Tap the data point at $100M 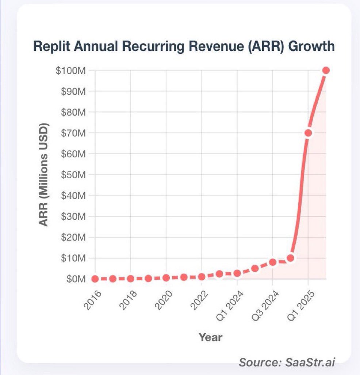click(x=326, y=70)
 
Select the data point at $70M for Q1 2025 click(x=308, y=133)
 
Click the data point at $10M click(x=291, y=258)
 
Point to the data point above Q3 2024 click(x=273, y=262)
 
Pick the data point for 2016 click(x=95, y=279)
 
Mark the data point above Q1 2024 click(x=237, y=273)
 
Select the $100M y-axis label click(x=71, y=71)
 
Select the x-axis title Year click(x=210, y=337)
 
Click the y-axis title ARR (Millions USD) click(x=44, y=174)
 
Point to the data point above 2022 click(x=202, y=277)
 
